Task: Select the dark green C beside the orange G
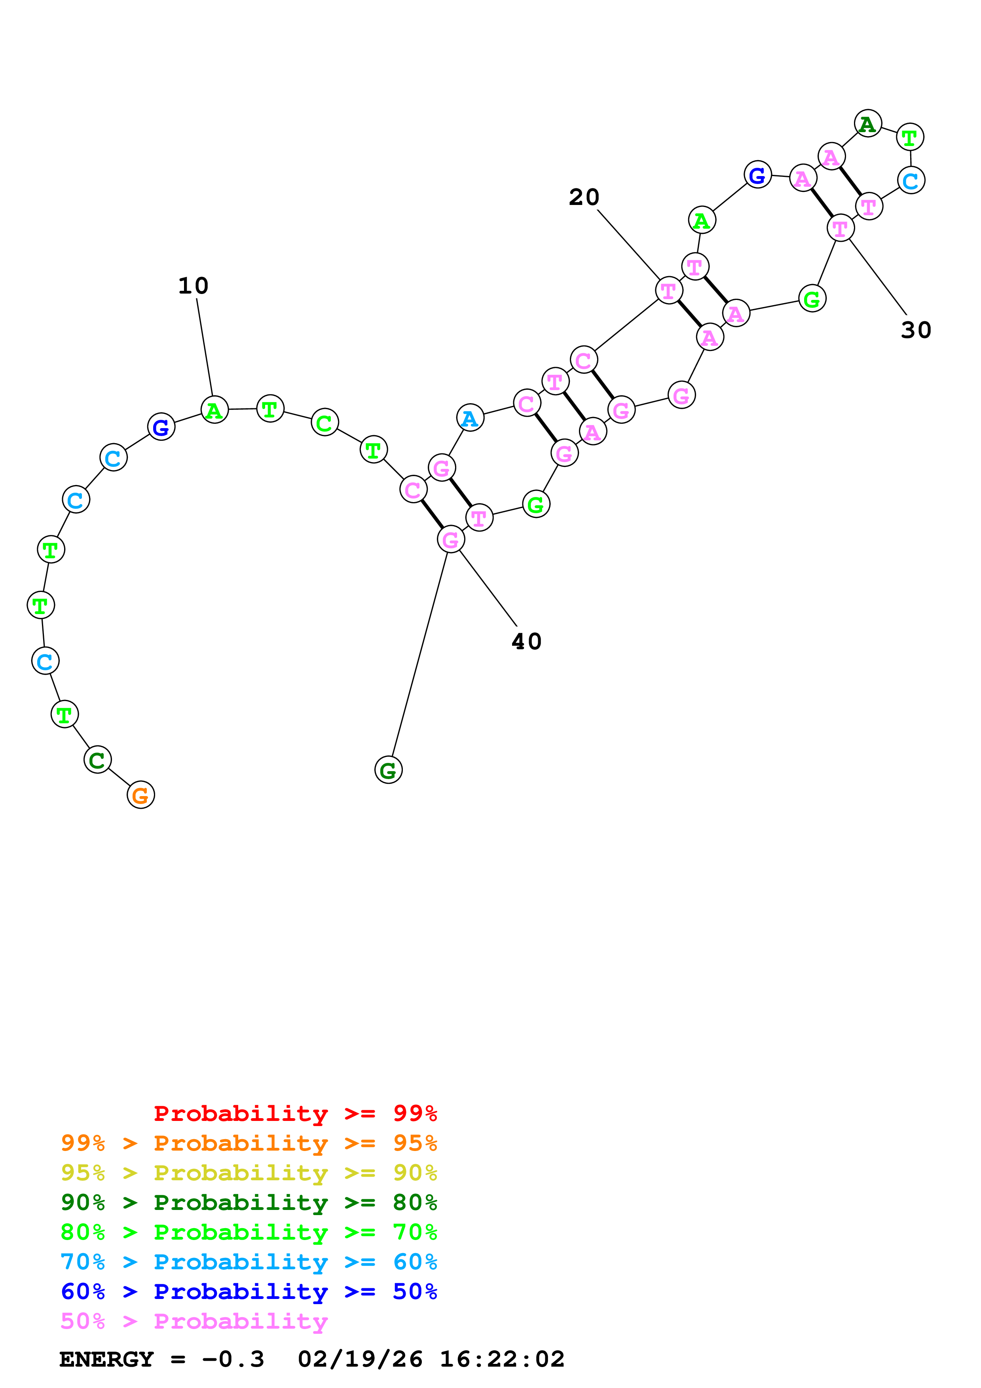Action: point(97,760)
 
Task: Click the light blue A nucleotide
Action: point(470,418)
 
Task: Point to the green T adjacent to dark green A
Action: point(910,137)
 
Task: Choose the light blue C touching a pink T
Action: point(911,180)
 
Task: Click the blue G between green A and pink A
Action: point(757,175)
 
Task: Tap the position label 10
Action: point(194,286)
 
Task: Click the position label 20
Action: point(584,197)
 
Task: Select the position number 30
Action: point(916,330)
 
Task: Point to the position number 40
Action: point(526,641)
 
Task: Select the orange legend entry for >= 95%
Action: point(249,1143)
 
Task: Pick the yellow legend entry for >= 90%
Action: point(249,1173)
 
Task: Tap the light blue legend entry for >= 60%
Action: point(249,1262)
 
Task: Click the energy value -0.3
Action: point(233,1360)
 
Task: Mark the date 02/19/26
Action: point(360,1360)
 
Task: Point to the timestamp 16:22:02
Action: point(502,1360)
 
